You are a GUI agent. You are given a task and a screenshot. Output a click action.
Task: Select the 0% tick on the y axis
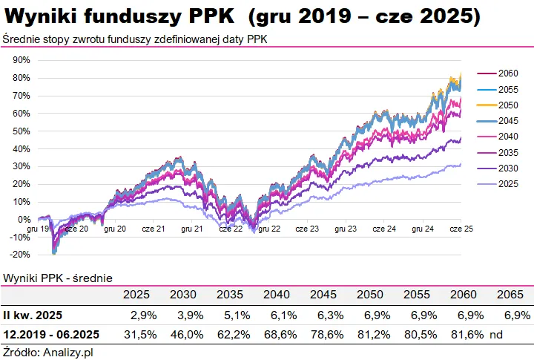(x=23, y=220)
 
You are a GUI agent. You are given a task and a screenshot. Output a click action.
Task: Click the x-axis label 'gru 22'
(x=270, y=229)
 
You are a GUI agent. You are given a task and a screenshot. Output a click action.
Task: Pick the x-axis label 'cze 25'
(x=461, y=229)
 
